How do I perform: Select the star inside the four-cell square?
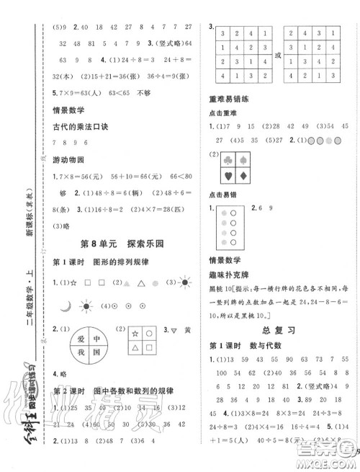[135, 334]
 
